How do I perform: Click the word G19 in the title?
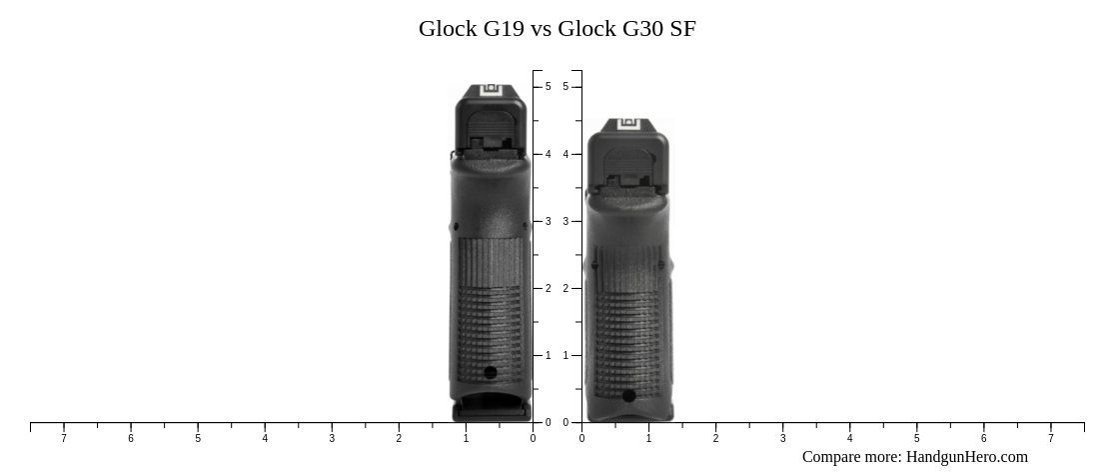click(x=504, y=29)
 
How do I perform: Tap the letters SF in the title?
click(x=683, y=29)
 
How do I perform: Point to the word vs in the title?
click(x=541, y=29)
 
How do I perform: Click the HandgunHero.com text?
click(x=966, y=457)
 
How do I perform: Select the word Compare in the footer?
click(x=833, y=457)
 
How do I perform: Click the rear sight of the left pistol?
click(x=492, y=91)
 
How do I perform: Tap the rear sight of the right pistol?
click(x=628, y=124)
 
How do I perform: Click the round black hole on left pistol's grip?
click(x=491, y=373)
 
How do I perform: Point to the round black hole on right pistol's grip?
click(x=628, y=396)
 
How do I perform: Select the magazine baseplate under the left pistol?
click(x=491, y=409)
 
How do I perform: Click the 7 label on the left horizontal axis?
click(x=64, y=438)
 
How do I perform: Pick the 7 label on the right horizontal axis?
click(x=1050, y=438)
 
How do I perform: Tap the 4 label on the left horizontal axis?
click(x=265, y=438)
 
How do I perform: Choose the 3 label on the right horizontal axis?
click(x=782, y=438)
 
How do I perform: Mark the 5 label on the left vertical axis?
click(x=548, y=87)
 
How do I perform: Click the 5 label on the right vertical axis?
click(x=565, y=87)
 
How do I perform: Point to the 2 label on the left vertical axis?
click(x=548, y=288)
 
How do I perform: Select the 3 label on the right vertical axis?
click(x=565, y=221)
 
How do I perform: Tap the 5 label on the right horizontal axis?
click(x=916, y=438)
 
